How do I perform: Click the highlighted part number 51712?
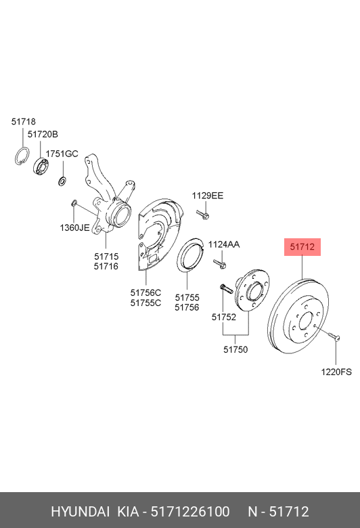301,247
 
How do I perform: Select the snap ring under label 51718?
22,155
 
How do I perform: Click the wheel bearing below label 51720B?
43,167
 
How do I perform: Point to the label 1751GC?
62,154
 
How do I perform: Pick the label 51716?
106,267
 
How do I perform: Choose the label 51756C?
145,292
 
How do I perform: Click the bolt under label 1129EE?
204,215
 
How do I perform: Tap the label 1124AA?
223,244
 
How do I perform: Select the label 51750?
235,349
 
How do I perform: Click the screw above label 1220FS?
331,335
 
